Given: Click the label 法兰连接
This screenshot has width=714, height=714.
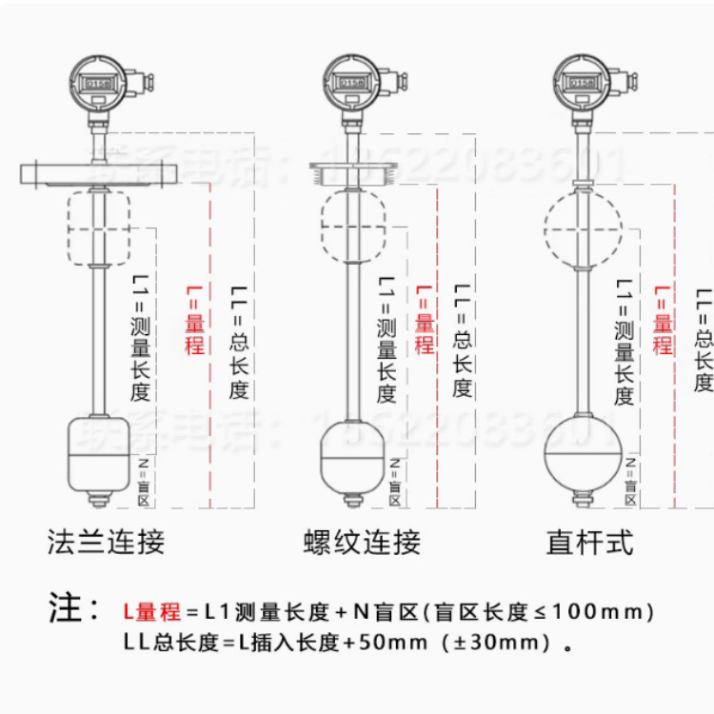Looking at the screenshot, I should pyautogui.click(x=106, y=542).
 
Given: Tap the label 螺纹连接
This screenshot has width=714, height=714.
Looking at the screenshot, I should pyautogui.click(x=362, y=542).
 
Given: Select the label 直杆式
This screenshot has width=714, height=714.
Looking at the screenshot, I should pyautogui.click(x=589, y=542).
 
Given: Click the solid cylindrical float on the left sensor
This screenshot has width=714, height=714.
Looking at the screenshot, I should pyautogui.click(x=95, y=453).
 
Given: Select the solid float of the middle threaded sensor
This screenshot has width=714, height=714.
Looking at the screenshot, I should pyautogui.click(x=352, y=453).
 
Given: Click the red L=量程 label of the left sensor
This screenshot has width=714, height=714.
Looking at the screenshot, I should pyautogui.click(x=194, y=320).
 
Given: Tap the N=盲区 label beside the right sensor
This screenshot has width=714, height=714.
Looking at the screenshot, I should pyautogui.click(x=629, y=481).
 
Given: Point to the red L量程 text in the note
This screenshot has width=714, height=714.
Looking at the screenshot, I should pyautogui.click(x=151, y=610).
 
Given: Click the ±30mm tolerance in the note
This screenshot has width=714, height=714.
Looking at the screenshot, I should pyautogui.click(x=495, y=643).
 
